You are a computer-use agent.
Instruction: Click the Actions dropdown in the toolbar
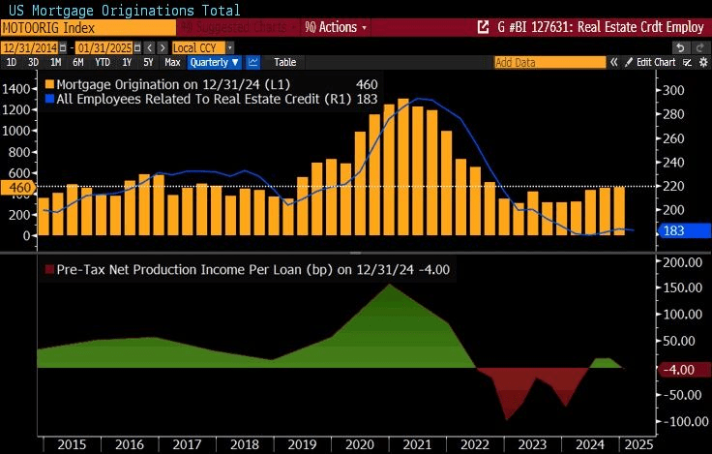point(335,27)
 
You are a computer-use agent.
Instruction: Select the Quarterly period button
point(214,62)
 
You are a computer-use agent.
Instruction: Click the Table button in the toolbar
point(284,62)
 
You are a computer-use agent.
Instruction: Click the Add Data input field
point(549,62)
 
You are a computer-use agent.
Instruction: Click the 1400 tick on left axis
point(16,88)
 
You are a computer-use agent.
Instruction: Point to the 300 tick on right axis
point(672,91)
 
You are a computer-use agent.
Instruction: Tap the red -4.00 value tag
point(679,369)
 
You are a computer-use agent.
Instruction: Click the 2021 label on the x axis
point(417,444)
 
